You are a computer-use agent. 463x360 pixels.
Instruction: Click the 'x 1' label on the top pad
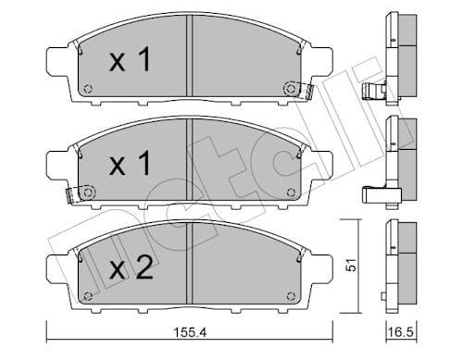point(129,64)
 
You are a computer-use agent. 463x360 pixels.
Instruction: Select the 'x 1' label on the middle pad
point(129,167)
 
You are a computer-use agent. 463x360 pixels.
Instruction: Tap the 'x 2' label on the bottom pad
point(129,269)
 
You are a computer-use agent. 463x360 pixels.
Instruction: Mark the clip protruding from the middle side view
point(374,194)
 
